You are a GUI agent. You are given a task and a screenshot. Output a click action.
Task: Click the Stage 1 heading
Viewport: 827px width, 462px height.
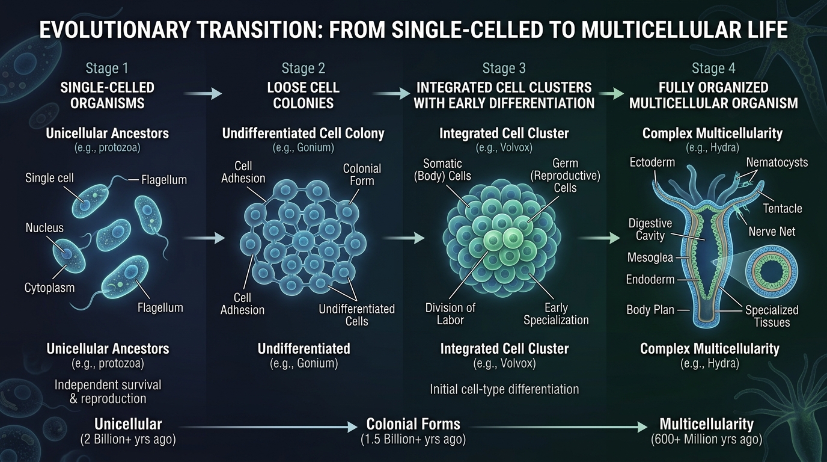point(107,68)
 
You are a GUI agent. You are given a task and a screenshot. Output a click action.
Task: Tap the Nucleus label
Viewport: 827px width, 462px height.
point(44,228)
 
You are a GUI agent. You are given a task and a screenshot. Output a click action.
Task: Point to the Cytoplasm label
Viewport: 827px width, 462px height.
point(50,288)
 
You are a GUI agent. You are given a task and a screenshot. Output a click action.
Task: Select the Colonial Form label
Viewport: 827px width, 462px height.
point(361,174)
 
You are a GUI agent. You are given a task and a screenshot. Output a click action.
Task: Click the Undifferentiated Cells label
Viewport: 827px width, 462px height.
point(356,315)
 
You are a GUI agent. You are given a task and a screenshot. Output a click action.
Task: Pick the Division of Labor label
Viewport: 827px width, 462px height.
point(450,314)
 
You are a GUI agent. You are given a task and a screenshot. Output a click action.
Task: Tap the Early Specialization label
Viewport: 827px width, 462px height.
point(556,314)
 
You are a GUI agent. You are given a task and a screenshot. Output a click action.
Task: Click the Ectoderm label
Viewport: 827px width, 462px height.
point(653,162)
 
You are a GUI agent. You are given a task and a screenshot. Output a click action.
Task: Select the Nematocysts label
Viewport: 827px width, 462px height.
point(777,162)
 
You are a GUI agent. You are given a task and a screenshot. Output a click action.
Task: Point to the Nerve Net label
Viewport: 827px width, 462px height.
point(772,231)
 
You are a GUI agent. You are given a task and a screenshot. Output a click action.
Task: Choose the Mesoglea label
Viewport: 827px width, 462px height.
point(650,257)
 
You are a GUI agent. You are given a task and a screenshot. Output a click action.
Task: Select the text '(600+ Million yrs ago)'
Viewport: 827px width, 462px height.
point(706,440)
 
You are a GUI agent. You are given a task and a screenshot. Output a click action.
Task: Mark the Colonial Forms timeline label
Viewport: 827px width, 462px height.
point(413,423)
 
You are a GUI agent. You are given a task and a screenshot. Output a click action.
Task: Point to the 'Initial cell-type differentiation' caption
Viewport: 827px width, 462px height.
point(504,389)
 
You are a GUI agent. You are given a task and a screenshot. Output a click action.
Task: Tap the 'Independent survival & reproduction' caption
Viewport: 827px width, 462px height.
point(108,391)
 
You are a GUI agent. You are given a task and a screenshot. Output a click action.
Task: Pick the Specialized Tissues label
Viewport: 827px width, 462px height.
point(772,316)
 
